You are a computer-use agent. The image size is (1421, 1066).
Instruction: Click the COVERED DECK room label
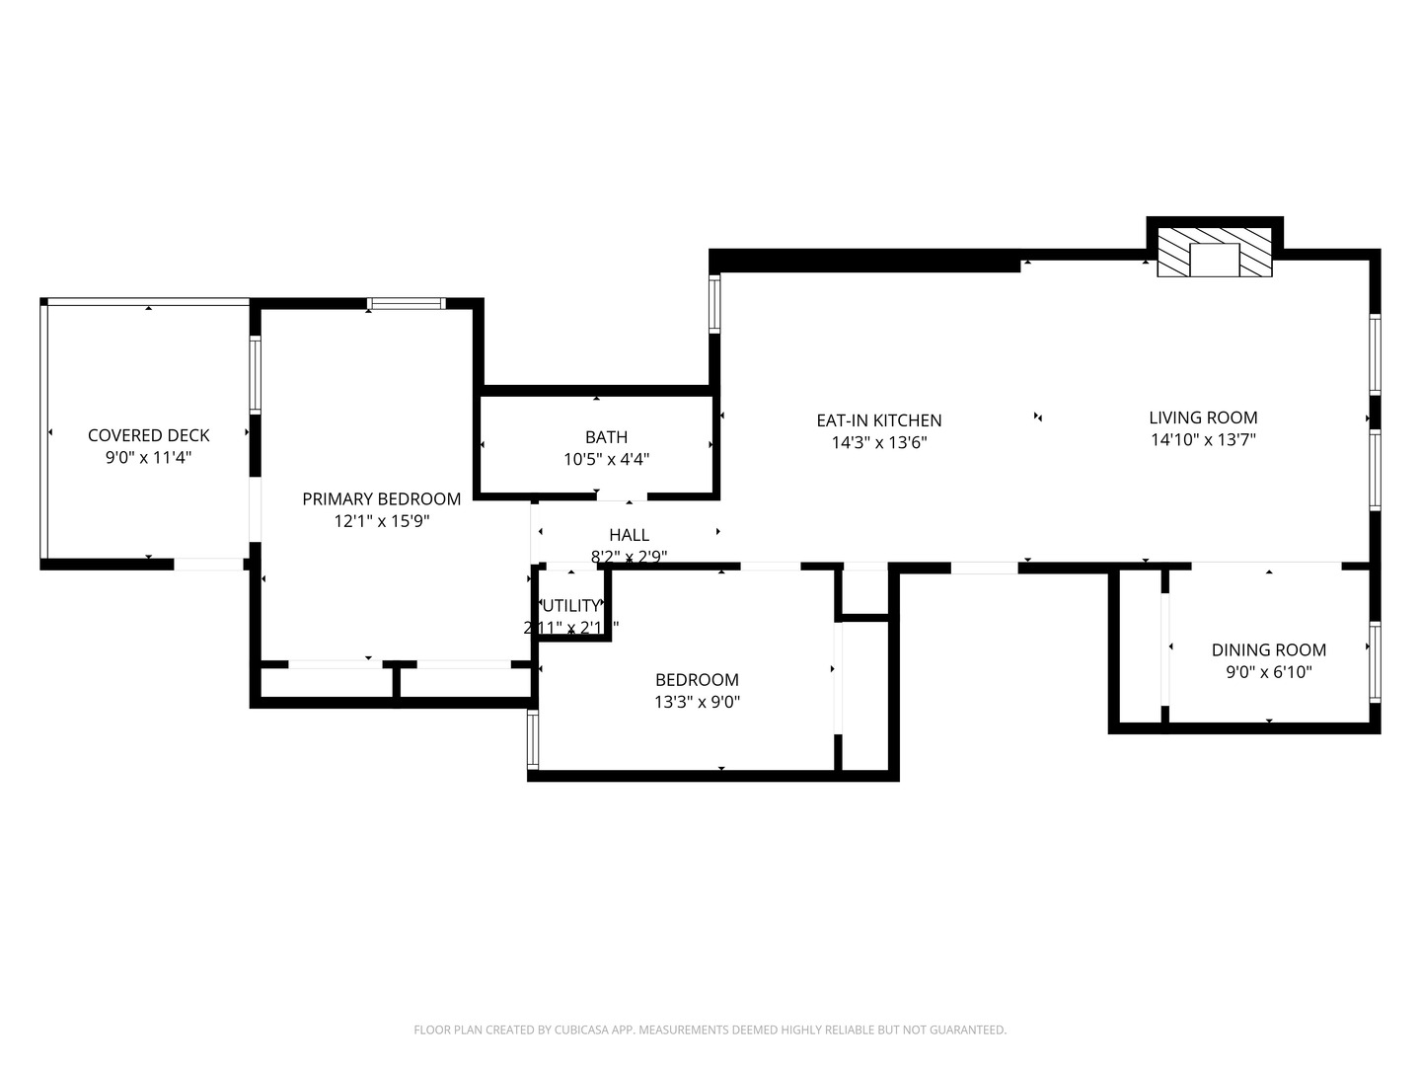coord(148,435)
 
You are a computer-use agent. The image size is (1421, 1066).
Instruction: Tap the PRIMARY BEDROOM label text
coord(381,499)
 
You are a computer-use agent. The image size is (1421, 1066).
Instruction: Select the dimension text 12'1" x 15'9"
coord(381,521)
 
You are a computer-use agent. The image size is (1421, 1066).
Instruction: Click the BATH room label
coord(606,437)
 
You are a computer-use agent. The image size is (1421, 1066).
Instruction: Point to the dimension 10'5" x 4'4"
coord(606,459)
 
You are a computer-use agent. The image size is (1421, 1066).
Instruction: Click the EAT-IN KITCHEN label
coord(878,420)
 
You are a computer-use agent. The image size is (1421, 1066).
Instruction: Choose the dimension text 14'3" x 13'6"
coord(878,443)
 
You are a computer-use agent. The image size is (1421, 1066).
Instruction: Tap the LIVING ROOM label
coord(1203,418)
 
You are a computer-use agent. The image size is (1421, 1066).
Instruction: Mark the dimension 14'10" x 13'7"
coord(1203,440)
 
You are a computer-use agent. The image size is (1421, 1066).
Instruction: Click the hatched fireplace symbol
coord(1215,253)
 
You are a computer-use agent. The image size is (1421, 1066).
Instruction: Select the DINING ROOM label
coord(1268,650)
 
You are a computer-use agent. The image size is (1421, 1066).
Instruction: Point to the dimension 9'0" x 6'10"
coord(1268,673)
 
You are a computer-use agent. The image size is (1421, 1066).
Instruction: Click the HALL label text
coord(629,536)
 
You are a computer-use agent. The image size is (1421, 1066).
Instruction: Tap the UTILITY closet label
coord(571,606)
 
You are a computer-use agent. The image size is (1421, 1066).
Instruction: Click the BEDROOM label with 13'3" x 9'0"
coord(697,680)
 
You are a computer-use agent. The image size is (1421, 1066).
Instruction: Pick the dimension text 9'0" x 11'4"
coord(148,458)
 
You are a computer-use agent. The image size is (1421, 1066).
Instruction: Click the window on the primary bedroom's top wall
coord(407,304)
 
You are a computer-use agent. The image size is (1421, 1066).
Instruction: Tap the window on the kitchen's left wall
coord(715,303)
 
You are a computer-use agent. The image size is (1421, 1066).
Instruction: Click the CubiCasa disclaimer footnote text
coord(710,1030)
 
